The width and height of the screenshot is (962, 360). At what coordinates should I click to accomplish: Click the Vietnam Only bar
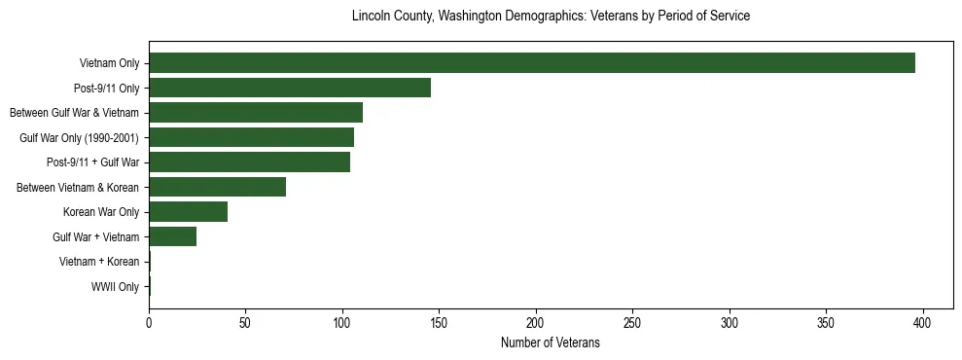[532, 63]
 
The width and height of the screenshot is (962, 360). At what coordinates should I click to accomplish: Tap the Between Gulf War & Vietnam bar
[256, 113]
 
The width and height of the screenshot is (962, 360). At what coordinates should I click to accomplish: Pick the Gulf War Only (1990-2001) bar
[251, 137]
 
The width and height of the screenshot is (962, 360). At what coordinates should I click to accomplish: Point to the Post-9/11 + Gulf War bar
[250, 162]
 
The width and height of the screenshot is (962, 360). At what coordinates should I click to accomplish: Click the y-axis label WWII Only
[115, 287]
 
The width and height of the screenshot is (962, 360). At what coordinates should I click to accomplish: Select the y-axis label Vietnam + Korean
[99, 262]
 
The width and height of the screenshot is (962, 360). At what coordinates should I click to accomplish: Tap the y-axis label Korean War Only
[101, 212]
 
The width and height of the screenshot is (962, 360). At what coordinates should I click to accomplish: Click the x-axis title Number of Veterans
[550, 342]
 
